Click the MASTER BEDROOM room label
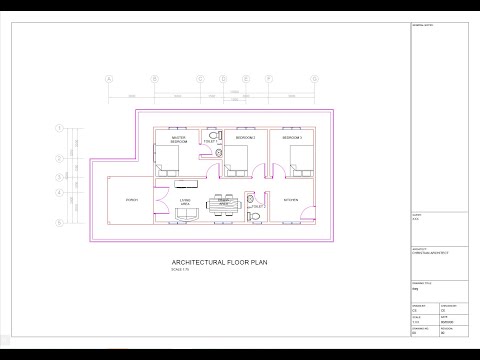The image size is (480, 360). coord(179,141)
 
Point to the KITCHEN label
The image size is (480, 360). coord(290,200)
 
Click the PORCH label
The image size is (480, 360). coord(131,201)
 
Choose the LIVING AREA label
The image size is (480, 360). coord(186,203)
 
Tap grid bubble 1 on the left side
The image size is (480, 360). coord(60,127)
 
